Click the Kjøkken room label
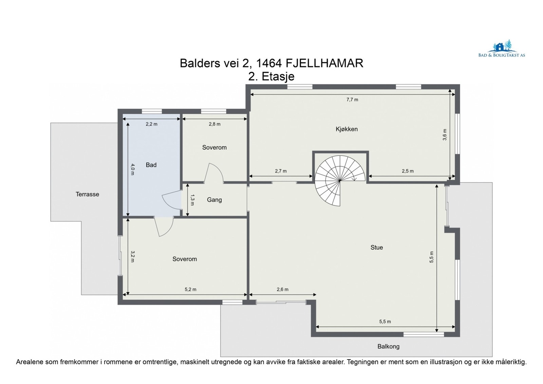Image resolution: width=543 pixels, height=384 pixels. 347,129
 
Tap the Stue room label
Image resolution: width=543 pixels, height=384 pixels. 376,248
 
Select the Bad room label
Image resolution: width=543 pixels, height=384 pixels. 151,165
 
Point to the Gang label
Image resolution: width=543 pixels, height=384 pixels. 214,200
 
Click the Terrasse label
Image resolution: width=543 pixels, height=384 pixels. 87,194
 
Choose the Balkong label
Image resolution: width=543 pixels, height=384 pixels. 388,346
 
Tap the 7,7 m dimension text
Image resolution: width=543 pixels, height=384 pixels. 352,99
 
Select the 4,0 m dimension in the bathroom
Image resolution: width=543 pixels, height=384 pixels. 133,169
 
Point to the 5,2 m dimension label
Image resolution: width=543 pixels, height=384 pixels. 190,289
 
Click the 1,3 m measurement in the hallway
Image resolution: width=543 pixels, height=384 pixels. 192,200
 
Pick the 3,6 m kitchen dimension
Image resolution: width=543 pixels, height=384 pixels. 445,135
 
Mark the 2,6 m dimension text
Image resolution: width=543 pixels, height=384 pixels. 283,289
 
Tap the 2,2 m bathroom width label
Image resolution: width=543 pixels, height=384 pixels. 151,124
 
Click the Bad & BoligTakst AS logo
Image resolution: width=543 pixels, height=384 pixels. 502,49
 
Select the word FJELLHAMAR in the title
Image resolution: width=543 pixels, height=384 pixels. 324,63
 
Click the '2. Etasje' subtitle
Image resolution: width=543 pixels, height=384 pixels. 271,76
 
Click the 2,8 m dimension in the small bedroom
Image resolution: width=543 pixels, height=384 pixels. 214,124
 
